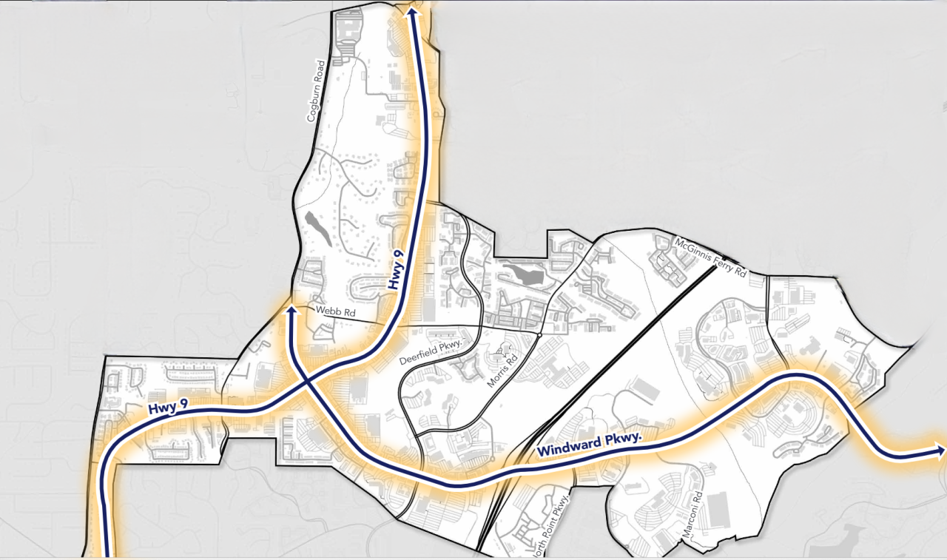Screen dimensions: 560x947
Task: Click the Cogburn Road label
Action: click(x=316, y=91)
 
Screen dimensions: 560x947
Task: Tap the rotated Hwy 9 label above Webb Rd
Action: click(x=398, y=269)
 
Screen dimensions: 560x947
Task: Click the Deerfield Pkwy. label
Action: click(x=436, y=351)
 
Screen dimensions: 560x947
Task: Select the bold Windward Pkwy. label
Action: click(x=588, y=445)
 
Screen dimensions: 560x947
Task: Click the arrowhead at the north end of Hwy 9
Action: click(x=411, y=10)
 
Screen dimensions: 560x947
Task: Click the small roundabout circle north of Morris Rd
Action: click(x=541, y=335)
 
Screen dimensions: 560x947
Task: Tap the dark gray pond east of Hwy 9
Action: click(x=523, y=275)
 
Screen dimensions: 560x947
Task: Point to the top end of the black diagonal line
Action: click(x=716, y=268)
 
